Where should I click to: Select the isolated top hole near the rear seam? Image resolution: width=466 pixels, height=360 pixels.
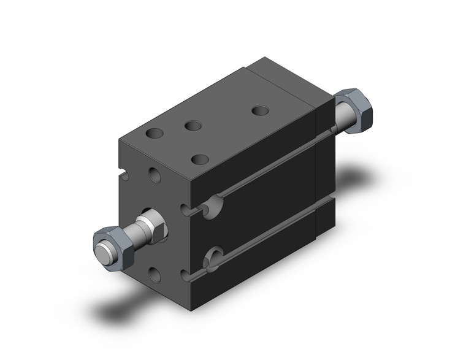point(261,111)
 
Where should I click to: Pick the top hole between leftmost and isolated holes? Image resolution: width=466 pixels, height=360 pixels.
point(194,126)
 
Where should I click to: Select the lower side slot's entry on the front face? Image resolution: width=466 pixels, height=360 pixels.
point(186,274)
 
